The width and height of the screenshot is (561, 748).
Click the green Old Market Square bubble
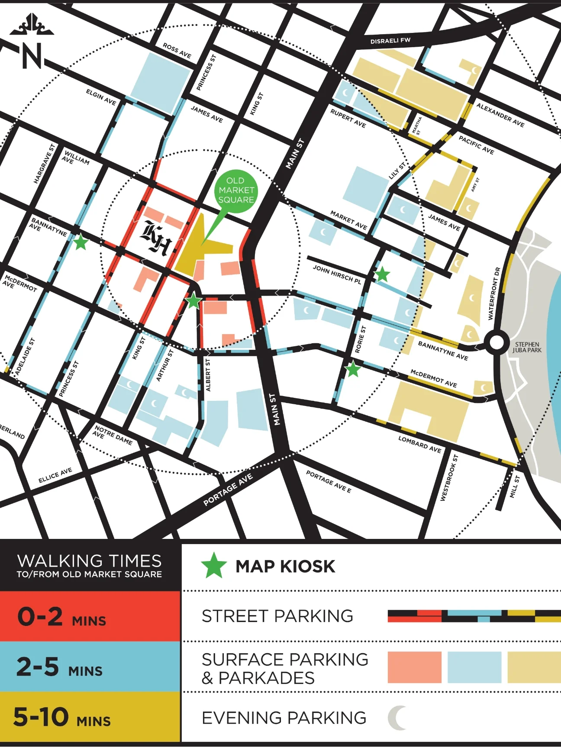(x=236, y=190)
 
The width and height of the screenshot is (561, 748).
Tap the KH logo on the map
(x=156, y=239)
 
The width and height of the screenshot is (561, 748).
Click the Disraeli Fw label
(x=390, y=41)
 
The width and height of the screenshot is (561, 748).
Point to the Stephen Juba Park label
(x=527, y=348)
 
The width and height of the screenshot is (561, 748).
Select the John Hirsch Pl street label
(x=337, y=274)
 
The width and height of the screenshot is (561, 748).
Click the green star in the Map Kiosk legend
(x=214, y=566)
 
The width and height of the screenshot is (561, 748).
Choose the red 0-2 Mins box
(x=90, y=616)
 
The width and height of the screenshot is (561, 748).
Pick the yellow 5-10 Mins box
(x=90, y=717)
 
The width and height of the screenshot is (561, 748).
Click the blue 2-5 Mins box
(x=90, y=667)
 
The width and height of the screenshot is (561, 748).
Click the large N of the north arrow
(x=32, y=56)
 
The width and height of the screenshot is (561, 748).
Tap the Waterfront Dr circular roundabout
(x=497, y=342)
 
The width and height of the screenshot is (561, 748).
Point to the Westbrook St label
(x=449, y=478)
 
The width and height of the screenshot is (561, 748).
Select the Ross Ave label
(x=177, y=51)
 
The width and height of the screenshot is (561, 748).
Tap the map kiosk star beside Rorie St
(x=353, y=369)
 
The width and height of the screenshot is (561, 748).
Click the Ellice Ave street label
(x=55, y=475)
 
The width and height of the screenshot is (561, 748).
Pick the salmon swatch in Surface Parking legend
(x=414, y=667)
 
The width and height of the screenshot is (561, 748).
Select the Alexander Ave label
(x=500, y=115)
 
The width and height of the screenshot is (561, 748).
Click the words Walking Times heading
(x=90, y=561)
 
